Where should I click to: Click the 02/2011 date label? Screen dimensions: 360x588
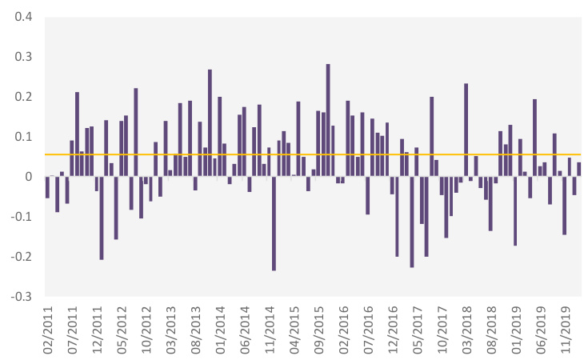pyautogui.click(x=48, y=329)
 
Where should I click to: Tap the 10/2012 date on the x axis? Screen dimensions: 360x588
pyautogui.click(x=146, y=329)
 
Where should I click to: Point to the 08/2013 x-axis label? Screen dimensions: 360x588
pyautogui.click(x=196, y=329)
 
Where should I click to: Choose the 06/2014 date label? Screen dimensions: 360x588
pyautogui.click(x=246, y=329)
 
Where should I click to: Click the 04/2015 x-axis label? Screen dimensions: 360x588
pyautogui.click(x=294, y=329)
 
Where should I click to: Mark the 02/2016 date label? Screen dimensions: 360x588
pyautogui.click(x=344, y=329)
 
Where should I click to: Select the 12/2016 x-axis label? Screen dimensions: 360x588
pyautogui.click(x=394, y=329)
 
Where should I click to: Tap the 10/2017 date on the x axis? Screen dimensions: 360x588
pyautogui.click(x=442, y=329)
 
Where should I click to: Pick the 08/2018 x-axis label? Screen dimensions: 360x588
pyautogui.click(x=492, y=329)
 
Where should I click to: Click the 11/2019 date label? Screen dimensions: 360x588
pyautogui.click(x=566, y=329)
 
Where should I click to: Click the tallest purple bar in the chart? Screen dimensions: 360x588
pyautogui.click(x=328, y=120)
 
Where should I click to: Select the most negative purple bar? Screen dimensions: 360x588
pyautogui.click(x=274, y=224)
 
